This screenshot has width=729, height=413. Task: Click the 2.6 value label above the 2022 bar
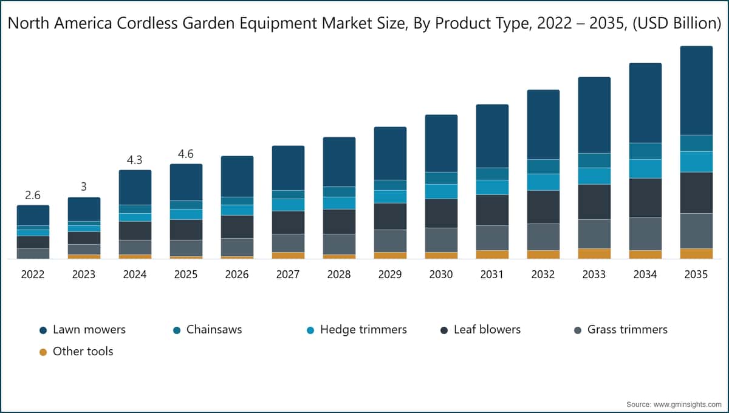(x=33, y=196)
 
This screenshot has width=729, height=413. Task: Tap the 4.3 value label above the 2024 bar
(x=135, y=160)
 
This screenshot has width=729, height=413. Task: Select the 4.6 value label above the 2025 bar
(x=186, y=154)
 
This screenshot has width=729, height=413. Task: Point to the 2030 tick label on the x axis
(x=441, y=275)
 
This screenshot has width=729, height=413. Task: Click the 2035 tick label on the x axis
(x=696, y=275)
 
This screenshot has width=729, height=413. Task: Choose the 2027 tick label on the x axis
(x=288, y=275)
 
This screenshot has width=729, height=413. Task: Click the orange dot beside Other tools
(x=43, y=352)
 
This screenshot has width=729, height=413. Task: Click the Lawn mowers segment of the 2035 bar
(x=696, y=90)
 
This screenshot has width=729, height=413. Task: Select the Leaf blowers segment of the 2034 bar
(x=645, y=197)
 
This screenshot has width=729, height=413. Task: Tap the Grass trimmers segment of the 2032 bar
(x=543, y=237)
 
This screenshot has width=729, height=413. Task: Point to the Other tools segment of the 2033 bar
(x=594, y=253)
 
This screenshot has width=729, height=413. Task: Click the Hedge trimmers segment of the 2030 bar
(x=441, y=191)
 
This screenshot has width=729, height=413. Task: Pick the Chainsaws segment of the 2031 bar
(x=492, y=174)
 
